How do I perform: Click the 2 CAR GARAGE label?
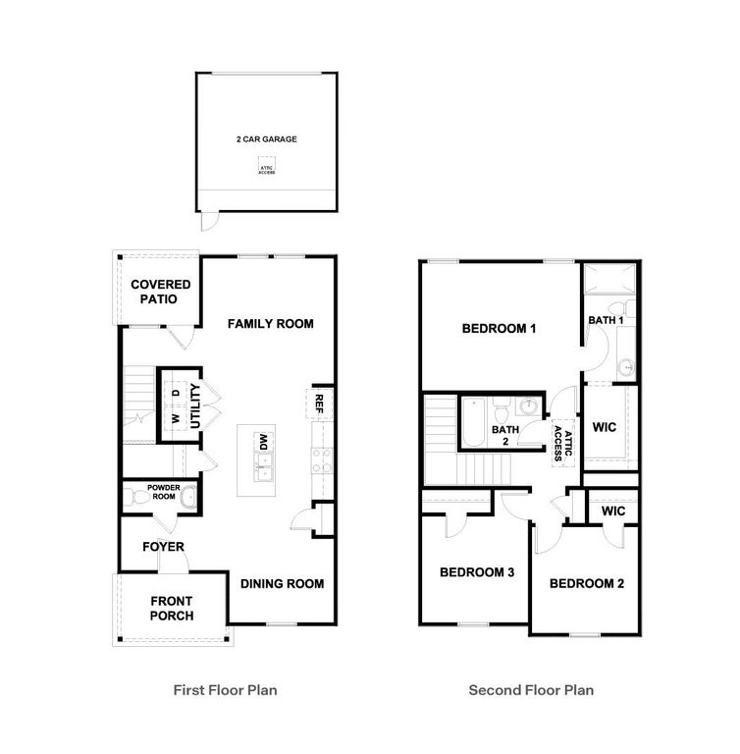(x=266, y=139)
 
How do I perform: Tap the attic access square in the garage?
(x=267, y=167)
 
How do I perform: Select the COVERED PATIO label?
(x=161, y=292)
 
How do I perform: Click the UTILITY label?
(x=195, y=404)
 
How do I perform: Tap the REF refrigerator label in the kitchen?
(x=319, y=403)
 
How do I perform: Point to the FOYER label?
(x=163, y=547)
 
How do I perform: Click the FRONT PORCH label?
(x=172, y=609)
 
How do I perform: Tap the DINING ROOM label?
(x=283, y=583)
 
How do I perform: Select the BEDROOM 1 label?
(x=499, y=329)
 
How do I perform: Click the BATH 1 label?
(x=606, y=320)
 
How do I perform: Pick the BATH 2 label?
(x=505, y=435)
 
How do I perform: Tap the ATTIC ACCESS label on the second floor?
(x=561, y=442)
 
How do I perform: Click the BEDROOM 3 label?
(x=477, y=572)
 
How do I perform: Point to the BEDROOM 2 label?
(x=587, y=583)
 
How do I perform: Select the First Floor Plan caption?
(x=225, y=690)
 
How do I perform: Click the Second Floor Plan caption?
(x=531, y=690)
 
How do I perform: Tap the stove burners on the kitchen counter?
(x=322, y=459)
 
